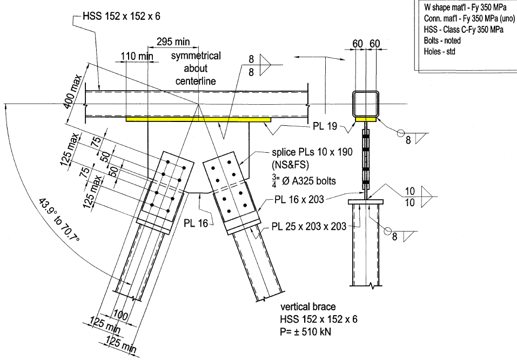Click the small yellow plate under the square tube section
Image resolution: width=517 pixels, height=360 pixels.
pyautogui.click(x=366, y=119)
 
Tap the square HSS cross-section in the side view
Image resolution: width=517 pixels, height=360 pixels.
pyautogui.click(x=365, y=104)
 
